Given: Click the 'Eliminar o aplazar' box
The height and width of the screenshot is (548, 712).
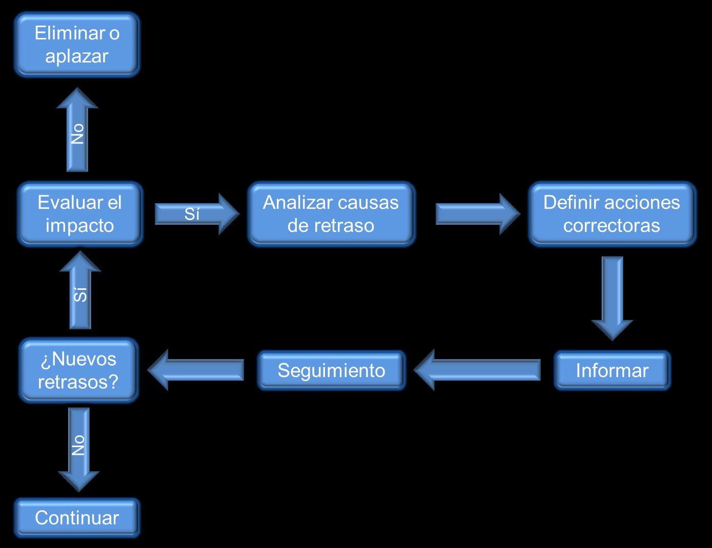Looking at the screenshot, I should coord(77,45).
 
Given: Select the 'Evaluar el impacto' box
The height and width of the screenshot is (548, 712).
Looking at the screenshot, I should coord(79,214).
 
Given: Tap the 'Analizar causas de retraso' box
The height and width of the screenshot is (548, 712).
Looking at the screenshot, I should coord(331,214).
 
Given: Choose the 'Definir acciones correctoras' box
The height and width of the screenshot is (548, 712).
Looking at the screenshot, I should coord(612,214).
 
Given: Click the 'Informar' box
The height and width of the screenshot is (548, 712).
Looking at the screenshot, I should coord(612,370).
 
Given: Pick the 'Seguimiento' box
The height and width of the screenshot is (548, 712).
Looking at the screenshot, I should coord(331,370).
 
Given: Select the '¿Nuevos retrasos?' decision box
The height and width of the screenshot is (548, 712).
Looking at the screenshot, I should coord(78,370).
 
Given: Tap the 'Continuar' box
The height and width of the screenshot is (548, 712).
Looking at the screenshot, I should coord(77,518).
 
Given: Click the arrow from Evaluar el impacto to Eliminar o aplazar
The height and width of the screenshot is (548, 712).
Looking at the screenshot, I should coord(77,131).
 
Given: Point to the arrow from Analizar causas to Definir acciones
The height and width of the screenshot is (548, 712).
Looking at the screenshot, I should coord(477,214).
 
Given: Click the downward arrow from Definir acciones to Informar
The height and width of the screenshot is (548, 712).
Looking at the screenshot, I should coord(612,297).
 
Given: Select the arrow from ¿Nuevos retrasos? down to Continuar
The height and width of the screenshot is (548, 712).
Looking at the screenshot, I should coord(78,448).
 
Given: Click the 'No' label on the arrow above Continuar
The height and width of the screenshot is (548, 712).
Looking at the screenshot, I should coord(78,446).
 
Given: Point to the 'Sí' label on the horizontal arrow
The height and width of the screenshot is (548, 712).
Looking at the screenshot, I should coord(192,214).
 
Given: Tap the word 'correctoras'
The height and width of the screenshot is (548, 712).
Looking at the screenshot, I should coord(612,225).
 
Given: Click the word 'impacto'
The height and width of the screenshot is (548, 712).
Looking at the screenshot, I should coord(79,225).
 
